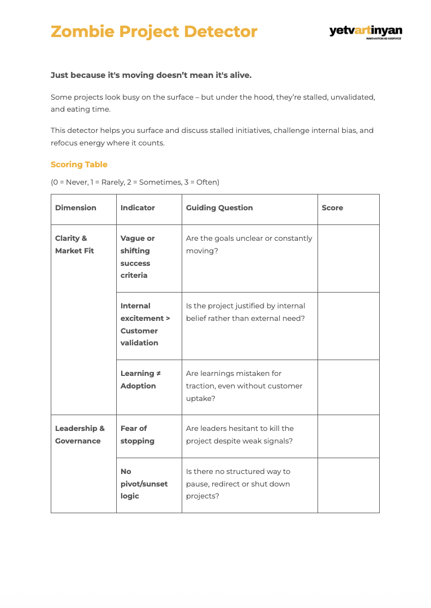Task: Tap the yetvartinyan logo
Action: tap(366, 32)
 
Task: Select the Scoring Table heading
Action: tap(79, 165)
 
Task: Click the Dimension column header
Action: tap(76, 208)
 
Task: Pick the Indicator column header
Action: tap(137, 208)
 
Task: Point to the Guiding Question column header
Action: tap(219, 208)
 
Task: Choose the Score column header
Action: tap(332, 208)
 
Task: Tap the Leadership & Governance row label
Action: tap(80, 435)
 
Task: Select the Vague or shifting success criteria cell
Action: tap(137, 257)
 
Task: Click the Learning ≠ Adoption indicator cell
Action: tap(141, 380)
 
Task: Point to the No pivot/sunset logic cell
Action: tap(144, 484)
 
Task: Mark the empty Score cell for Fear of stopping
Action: tap(348, 436)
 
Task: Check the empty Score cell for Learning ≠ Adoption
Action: tap(348, 387)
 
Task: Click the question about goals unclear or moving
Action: tap(249, 245)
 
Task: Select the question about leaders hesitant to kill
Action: tap(240, 435)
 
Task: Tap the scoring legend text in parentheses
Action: tap(135, 182)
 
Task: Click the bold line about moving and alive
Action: tap(151, 75)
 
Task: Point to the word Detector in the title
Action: tap(220, 32)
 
